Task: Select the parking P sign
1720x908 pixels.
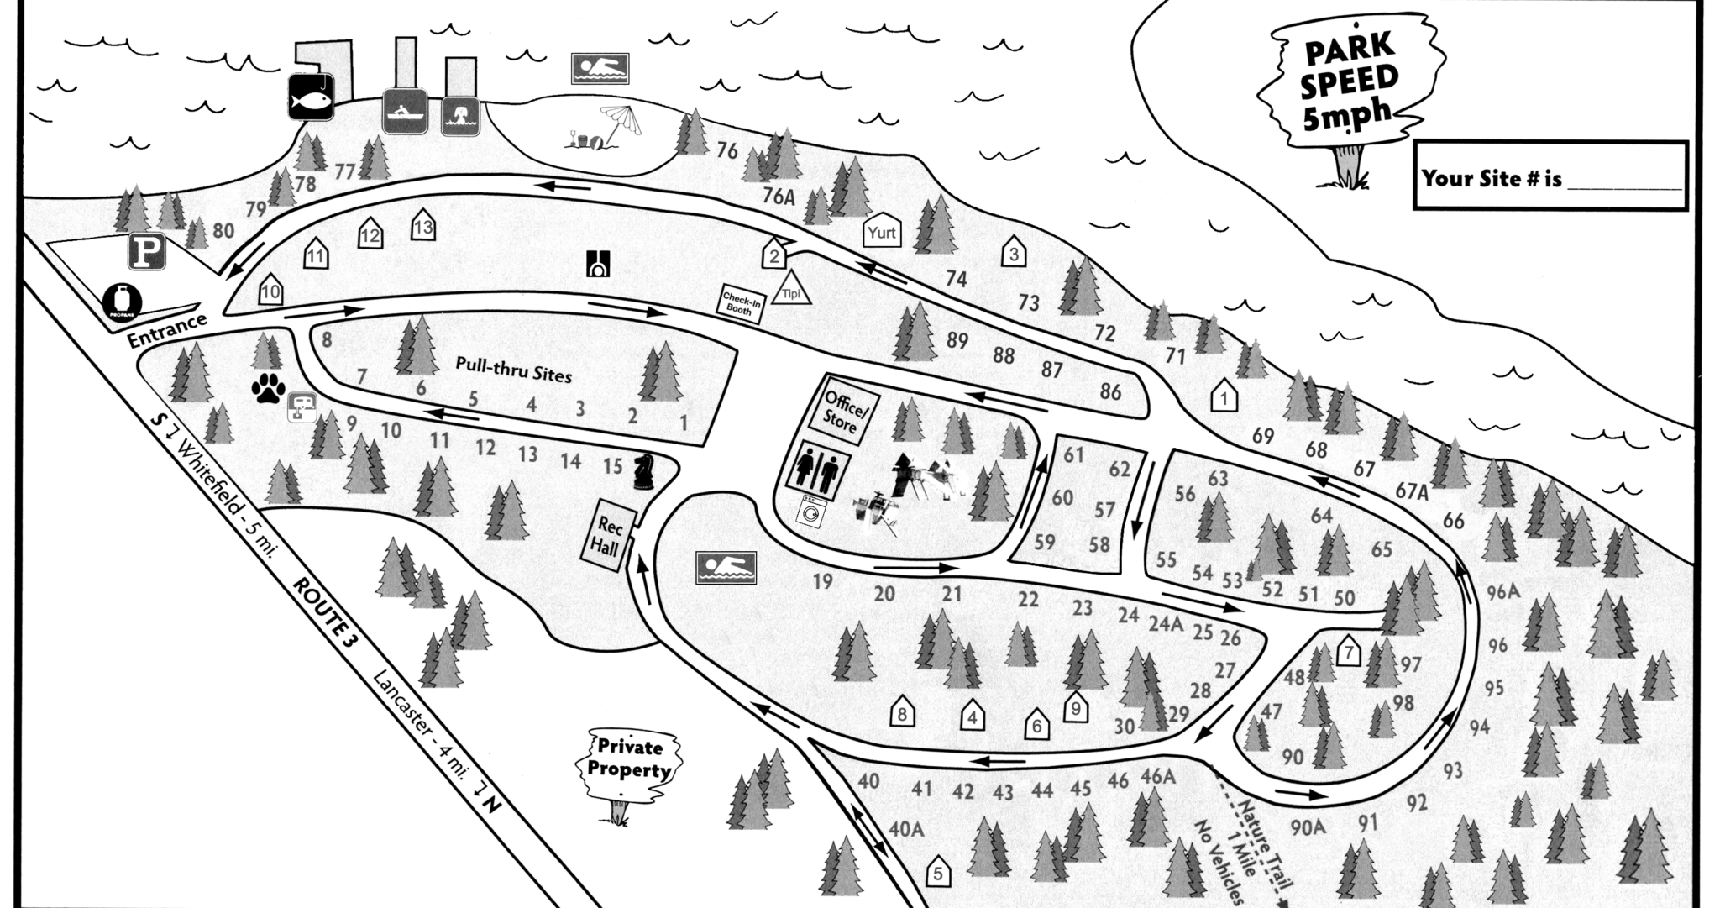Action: [x=146, y=252]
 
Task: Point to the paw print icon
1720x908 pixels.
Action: [x=268, y=389]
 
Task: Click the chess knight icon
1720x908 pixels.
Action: [x=644, y=472]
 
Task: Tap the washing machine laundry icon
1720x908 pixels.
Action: [x=812, y=512]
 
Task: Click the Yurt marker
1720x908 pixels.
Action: [x=882, y=233]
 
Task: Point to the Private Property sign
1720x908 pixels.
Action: [x=629, y=760]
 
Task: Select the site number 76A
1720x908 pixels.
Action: [x=779, y=197]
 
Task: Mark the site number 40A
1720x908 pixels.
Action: [x=905, y=829]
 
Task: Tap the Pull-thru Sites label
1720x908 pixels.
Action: [x=513, y=370]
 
